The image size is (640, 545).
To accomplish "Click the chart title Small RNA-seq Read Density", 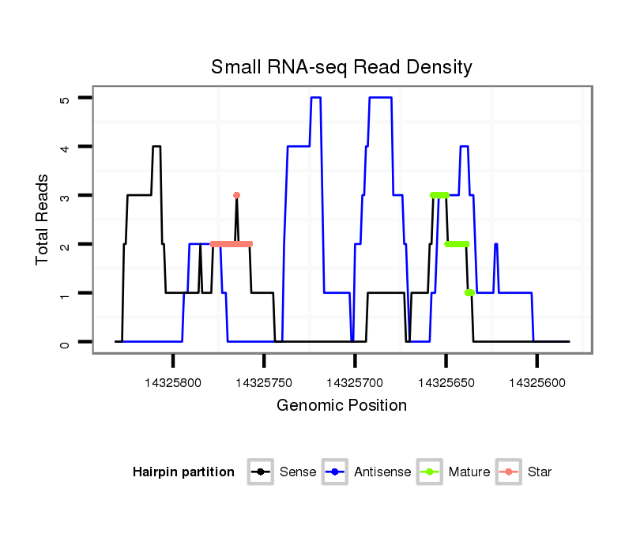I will [x=341, y=67].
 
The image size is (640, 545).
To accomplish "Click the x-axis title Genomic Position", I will [x=341, y=406].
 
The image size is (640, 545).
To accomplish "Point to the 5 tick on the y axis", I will [x=66, y=98].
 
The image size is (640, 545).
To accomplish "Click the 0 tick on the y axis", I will [x=66, y=343].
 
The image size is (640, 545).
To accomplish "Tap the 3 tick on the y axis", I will [x=66, y=196].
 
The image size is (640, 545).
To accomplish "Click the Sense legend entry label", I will [x=298, y=472].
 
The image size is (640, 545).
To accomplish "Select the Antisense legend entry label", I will [x=382, y=472].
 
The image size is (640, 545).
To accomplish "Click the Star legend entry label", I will [x=540, y=472].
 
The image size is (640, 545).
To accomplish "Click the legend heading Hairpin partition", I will [x=183, y=472].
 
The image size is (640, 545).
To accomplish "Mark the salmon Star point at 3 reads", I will [x=236, y=195].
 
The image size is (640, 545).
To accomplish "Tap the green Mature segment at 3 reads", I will [x=439, y=195].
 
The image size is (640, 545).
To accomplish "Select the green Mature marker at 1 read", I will [x=469, y=293].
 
